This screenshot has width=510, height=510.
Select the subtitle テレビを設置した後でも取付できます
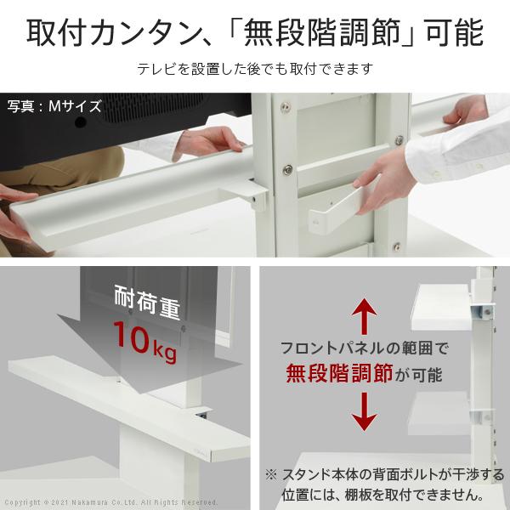click(254, 69)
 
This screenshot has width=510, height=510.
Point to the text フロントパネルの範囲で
click(365, 348)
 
